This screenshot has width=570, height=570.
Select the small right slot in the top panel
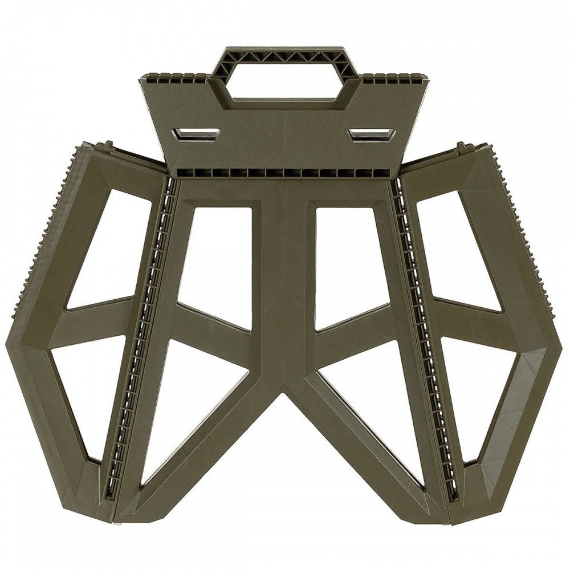pos(372,135)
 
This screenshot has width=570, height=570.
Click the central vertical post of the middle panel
pos(283,285)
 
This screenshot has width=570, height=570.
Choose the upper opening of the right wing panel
pos(456,251)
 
